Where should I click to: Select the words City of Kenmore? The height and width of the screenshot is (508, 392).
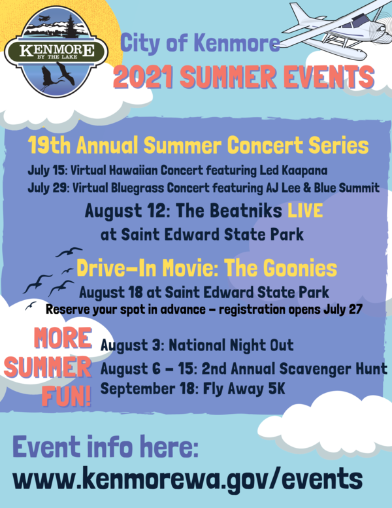click(200, 44)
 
